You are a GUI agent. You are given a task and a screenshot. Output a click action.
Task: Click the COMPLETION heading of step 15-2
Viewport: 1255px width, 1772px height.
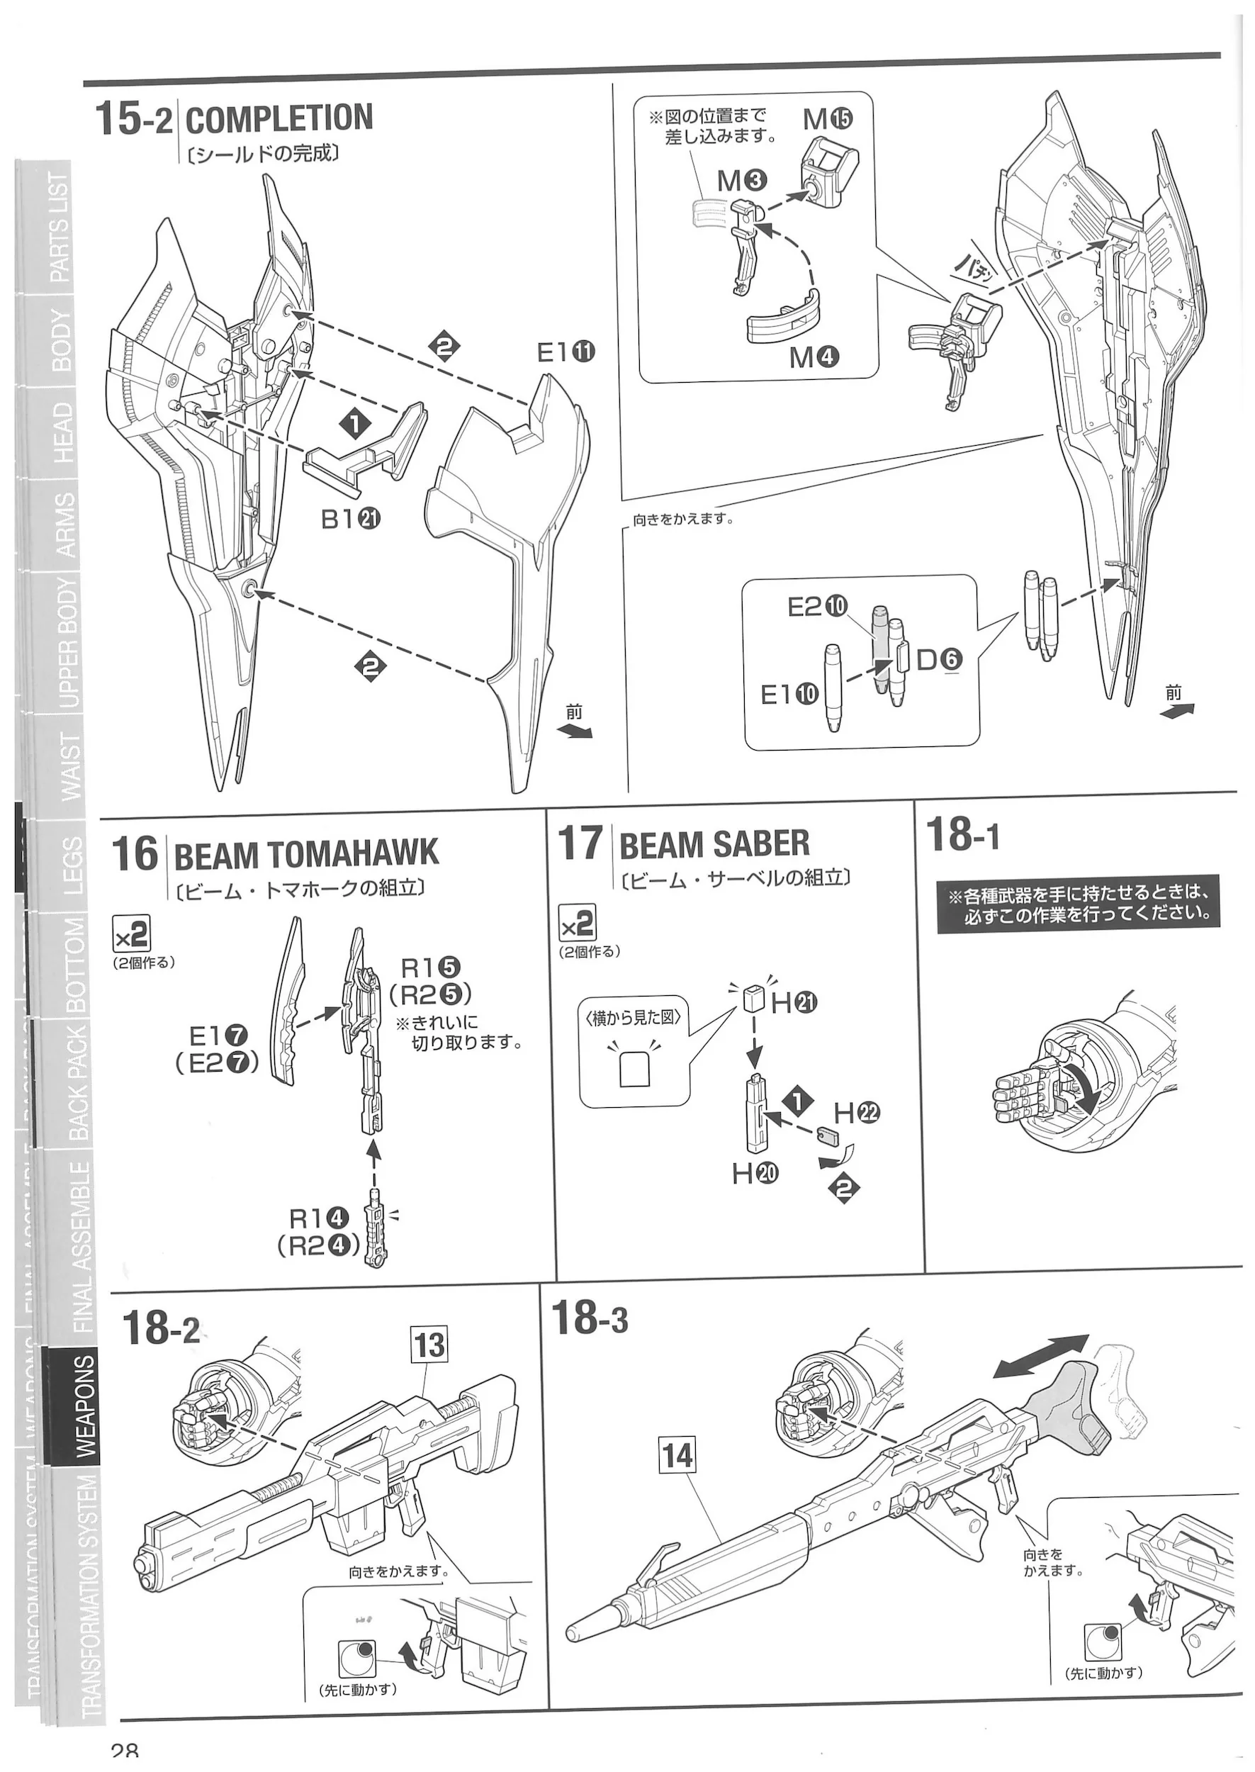coord(278,119)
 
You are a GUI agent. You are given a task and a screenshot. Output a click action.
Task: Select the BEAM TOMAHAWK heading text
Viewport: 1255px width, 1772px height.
coord(306,855)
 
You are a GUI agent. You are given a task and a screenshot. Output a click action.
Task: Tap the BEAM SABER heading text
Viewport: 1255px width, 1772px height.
coord(714,844)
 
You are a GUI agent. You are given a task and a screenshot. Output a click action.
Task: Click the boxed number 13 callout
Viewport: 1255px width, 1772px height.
coord(429,1345)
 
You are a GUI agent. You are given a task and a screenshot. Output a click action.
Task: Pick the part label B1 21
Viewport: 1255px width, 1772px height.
coord(351,520)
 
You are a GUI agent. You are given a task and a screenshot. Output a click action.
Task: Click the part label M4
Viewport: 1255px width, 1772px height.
coord(814,358)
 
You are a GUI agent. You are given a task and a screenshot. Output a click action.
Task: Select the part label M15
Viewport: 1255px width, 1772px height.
coord(827,119)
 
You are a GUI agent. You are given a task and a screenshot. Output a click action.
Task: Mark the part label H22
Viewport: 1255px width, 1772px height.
coord(857,1113)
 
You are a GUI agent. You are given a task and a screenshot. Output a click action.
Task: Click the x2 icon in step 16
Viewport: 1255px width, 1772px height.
coord(131,936)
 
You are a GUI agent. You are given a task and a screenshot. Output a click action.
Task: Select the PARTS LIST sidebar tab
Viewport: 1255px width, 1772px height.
coord(60,228)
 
